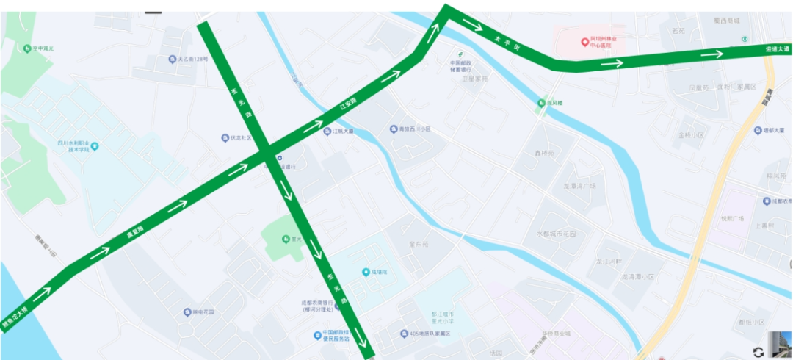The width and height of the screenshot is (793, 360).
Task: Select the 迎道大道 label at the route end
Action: [x=777, y=49]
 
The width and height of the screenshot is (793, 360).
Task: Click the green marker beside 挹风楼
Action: [x=541, y=104]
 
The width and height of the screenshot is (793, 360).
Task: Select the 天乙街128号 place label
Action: [x=192, y=59]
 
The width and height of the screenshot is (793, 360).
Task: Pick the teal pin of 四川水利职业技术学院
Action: [x=94, y=146]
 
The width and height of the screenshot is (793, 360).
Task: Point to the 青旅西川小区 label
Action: [x=414, y=129]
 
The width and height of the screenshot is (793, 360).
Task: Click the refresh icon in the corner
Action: [x=758, y=352]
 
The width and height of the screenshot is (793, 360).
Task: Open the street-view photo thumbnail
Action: [x=780, y=345]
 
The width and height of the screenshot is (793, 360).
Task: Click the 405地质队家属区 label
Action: [x=429, y=334]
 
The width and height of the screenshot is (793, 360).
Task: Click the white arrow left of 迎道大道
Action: [x=711, y=54]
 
